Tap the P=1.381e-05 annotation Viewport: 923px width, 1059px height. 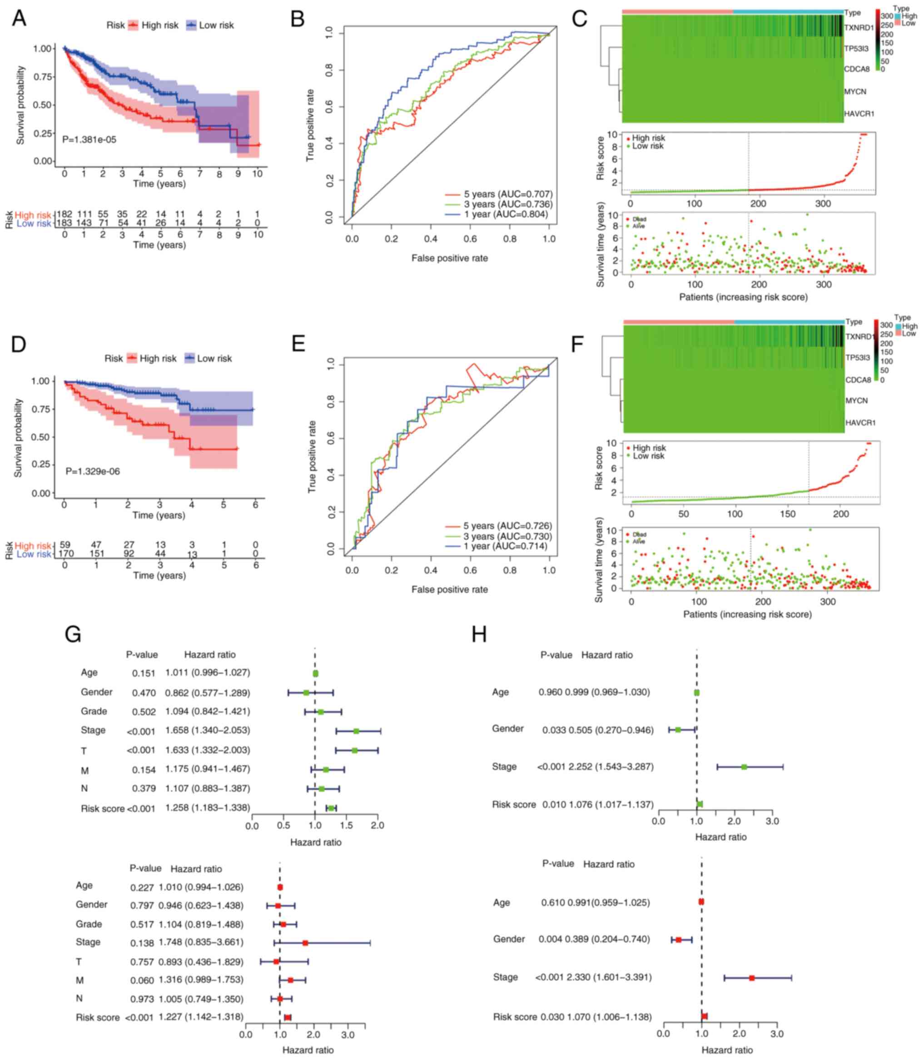89,139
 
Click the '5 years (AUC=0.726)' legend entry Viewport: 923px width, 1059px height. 507,525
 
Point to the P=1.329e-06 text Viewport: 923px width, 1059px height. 92,471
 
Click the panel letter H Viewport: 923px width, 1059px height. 479,635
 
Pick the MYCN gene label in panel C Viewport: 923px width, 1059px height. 855,92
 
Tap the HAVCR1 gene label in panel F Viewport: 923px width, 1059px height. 860,423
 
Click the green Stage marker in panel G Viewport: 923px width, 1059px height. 356,731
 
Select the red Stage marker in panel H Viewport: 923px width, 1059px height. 751,978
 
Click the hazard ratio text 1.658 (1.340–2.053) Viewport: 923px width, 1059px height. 207,731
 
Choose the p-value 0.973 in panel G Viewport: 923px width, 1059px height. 142,999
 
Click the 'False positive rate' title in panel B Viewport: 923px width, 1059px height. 449,258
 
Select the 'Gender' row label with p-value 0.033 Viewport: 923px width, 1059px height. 507,728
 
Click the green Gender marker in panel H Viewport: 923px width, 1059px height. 678,730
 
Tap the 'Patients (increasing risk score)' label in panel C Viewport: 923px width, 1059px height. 743,297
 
